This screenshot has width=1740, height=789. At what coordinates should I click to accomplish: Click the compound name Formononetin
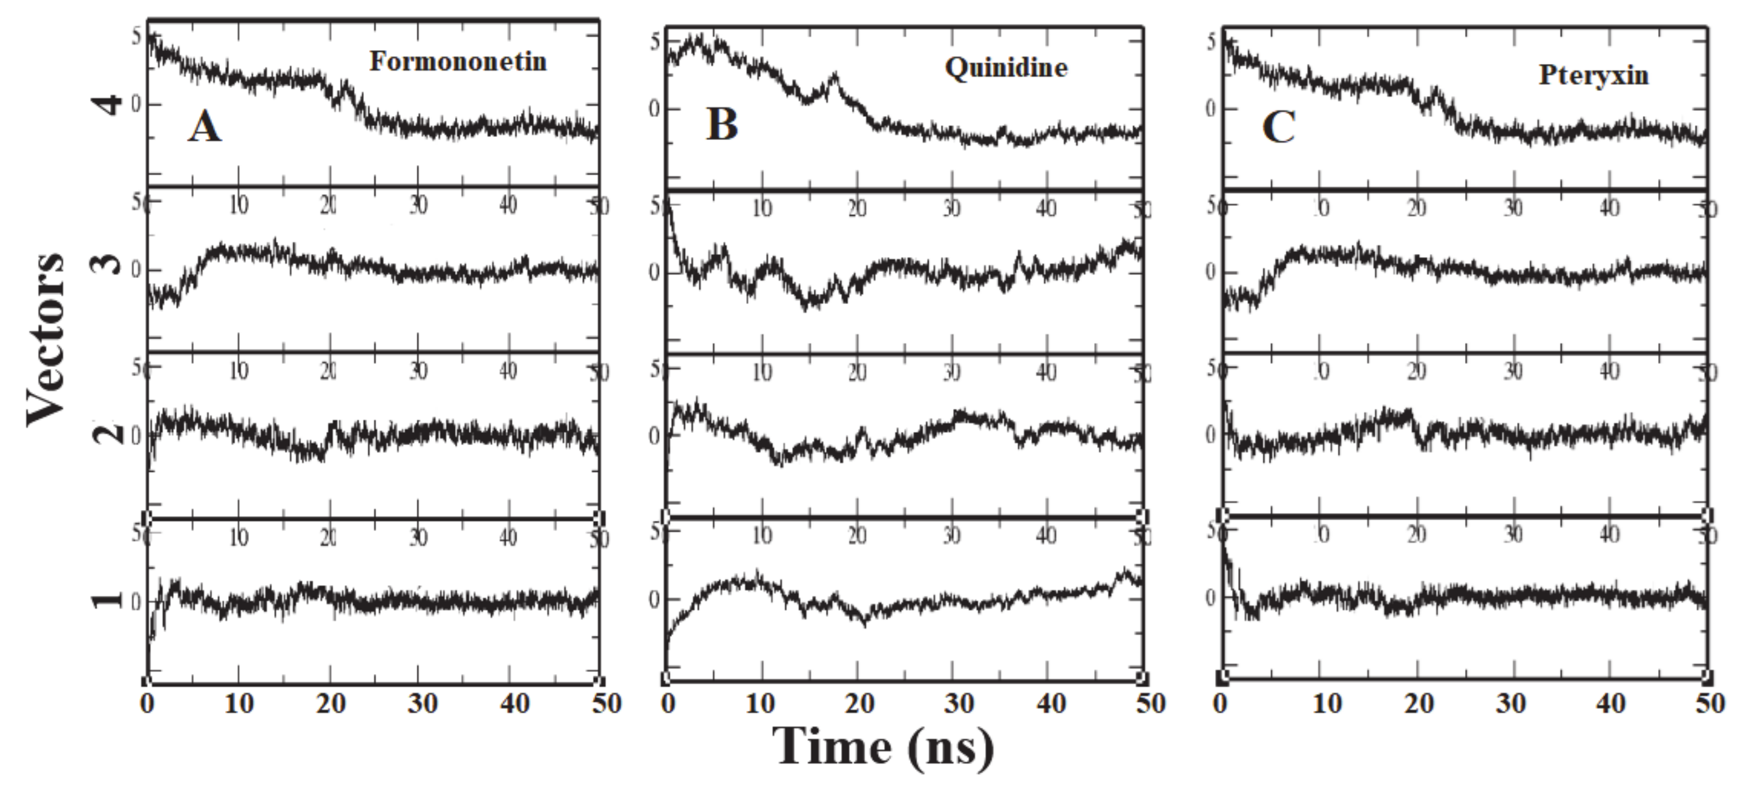(x=457, y=62)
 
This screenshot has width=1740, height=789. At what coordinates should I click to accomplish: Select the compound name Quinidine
(x=1006, y=68)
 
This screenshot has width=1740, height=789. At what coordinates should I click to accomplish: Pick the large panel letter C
(x=1278, y=126)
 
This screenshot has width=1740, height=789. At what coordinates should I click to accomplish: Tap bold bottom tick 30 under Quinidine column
(x=958, y=704)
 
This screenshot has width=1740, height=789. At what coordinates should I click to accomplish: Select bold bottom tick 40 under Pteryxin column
(x=1610, y=704)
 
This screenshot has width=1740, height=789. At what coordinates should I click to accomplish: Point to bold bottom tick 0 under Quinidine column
(x=668, y=704)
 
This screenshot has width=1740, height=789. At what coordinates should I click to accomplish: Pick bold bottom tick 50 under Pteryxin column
(x=1709, y=704)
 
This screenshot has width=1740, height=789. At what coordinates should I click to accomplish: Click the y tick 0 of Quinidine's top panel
(x=654, y=109)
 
